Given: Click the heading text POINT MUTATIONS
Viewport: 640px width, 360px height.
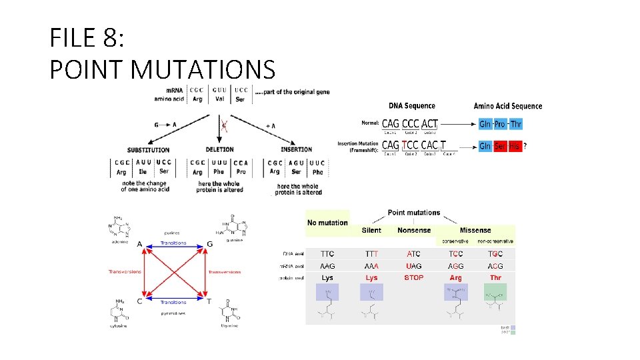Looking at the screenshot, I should point(162,69).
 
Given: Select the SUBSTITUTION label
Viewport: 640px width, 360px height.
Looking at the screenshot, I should point(148,150).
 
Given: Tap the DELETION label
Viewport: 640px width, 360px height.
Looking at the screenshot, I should point(219,150).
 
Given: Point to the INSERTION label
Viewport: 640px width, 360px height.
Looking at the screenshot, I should point(296,150).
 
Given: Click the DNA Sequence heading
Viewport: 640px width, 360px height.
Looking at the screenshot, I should point(412,105).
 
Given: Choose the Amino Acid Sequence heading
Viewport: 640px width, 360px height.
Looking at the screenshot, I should point(508,105).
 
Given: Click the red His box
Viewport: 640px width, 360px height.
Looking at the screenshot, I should point(514,146).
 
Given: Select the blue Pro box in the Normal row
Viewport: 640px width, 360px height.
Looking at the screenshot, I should point(500,124).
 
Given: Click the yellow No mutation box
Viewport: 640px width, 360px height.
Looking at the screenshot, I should point(327,223).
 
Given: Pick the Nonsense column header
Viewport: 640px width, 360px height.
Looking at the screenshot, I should point(414,231).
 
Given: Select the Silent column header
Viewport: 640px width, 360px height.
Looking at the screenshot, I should point(371,231).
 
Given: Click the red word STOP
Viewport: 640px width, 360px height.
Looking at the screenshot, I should point(413,277).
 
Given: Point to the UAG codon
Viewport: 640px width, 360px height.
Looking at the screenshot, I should point(413,266).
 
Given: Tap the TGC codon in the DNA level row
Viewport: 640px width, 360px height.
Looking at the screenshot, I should point(495,254).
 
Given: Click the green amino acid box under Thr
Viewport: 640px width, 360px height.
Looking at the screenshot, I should point(495,293).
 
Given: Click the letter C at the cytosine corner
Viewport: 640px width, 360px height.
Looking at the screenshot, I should point(139,301).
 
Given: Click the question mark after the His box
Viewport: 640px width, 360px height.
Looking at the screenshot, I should point(525,146).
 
